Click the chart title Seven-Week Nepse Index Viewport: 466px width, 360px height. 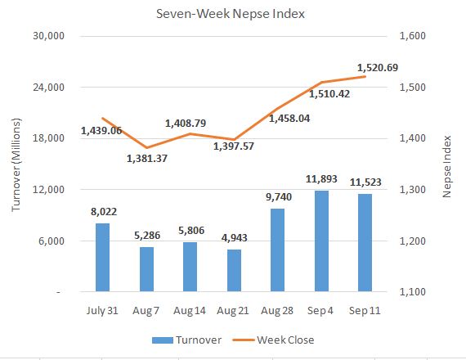(x=233, y=14)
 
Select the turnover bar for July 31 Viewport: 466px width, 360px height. (x=102, y=257)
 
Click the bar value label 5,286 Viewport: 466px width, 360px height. (x=146, y=236)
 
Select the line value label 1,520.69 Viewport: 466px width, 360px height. (x=378, y=67)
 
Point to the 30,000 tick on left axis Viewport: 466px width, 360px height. (x=50, y=36)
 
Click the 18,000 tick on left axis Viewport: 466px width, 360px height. (x=50, y=138)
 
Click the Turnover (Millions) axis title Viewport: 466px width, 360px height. (x=17, y=164)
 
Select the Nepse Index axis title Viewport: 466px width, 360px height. (x=447, y=164)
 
